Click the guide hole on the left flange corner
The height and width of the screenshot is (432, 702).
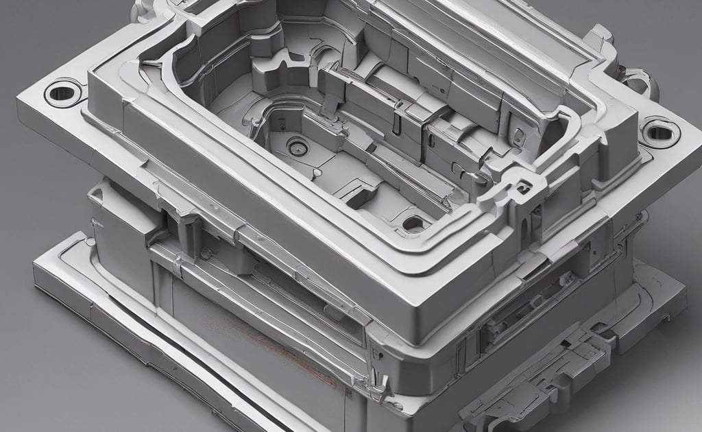62,92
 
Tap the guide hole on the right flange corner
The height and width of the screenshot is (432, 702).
659,131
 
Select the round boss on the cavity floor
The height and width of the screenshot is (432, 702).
297,146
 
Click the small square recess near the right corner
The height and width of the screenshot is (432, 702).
524,186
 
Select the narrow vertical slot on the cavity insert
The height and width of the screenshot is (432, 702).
396,123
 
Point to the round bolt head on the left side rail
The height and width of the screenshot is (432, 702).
205,254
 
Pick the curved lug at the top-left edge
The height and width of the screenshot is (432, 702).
144,8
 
